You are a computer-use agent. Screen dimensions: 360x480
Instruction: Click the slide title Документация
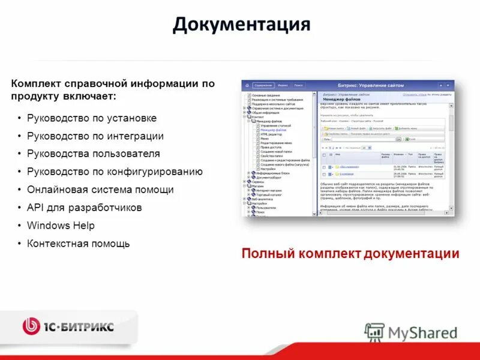pyautogui.click(x=241, y=25)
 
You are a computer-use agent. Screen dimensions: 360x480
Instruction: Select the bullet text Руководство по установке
pyautogui.click(x=91, y=118)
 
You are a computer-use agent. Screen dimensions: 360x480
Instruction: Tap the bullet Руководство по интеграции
pyautogui.click(x=95, y=136)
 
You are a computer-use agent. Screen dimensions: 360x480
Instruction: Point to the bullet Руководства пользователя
pyautogui.click(x=93, y=154)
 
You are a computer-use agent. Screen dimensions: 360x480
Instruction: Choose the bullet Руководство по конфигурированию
pyautogui.click(x=114, y=172)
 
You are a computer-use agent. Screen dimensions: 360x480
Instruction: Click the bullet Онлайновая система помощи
pyautogui.click(x=100, y=190)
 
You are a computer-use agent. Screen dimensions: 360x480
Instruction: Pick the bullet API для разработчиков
pyautogui.click(x=84, y=208)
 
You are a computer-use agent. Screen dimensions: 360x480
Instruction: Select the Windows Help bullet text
pyautogui.click(x=61, y=226)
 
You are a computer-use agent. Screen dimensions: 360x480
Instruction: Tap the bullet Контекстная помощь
pyautogui.click(x=78, y=244)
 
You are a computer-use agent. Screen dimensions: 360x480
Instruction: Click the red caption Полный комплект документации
pyautogui.click(x=350, y=253)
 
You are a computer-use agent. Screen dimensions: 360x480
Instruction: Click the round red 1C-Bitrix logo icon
pyautogui.click(x=31, y=326)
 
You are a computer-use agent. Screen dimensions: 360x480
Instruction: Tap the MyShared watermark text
pyautogui.click(x=422, y=332)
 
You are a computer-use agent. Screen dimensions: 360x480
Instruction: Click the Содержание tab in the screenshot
pyautogui.click(x=262, y=85)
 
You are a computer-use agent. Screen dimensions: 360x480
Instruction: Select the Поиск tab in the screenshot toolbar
pyautogui.click(x=298, y=85)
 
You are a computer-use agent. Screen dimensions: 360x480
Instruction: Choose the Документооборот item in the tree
pyautogui.click(x=269, y=177)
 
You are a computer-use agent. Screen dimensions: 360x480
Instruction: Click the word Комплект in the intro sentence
pyautogui.click(x=37, y=84)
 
